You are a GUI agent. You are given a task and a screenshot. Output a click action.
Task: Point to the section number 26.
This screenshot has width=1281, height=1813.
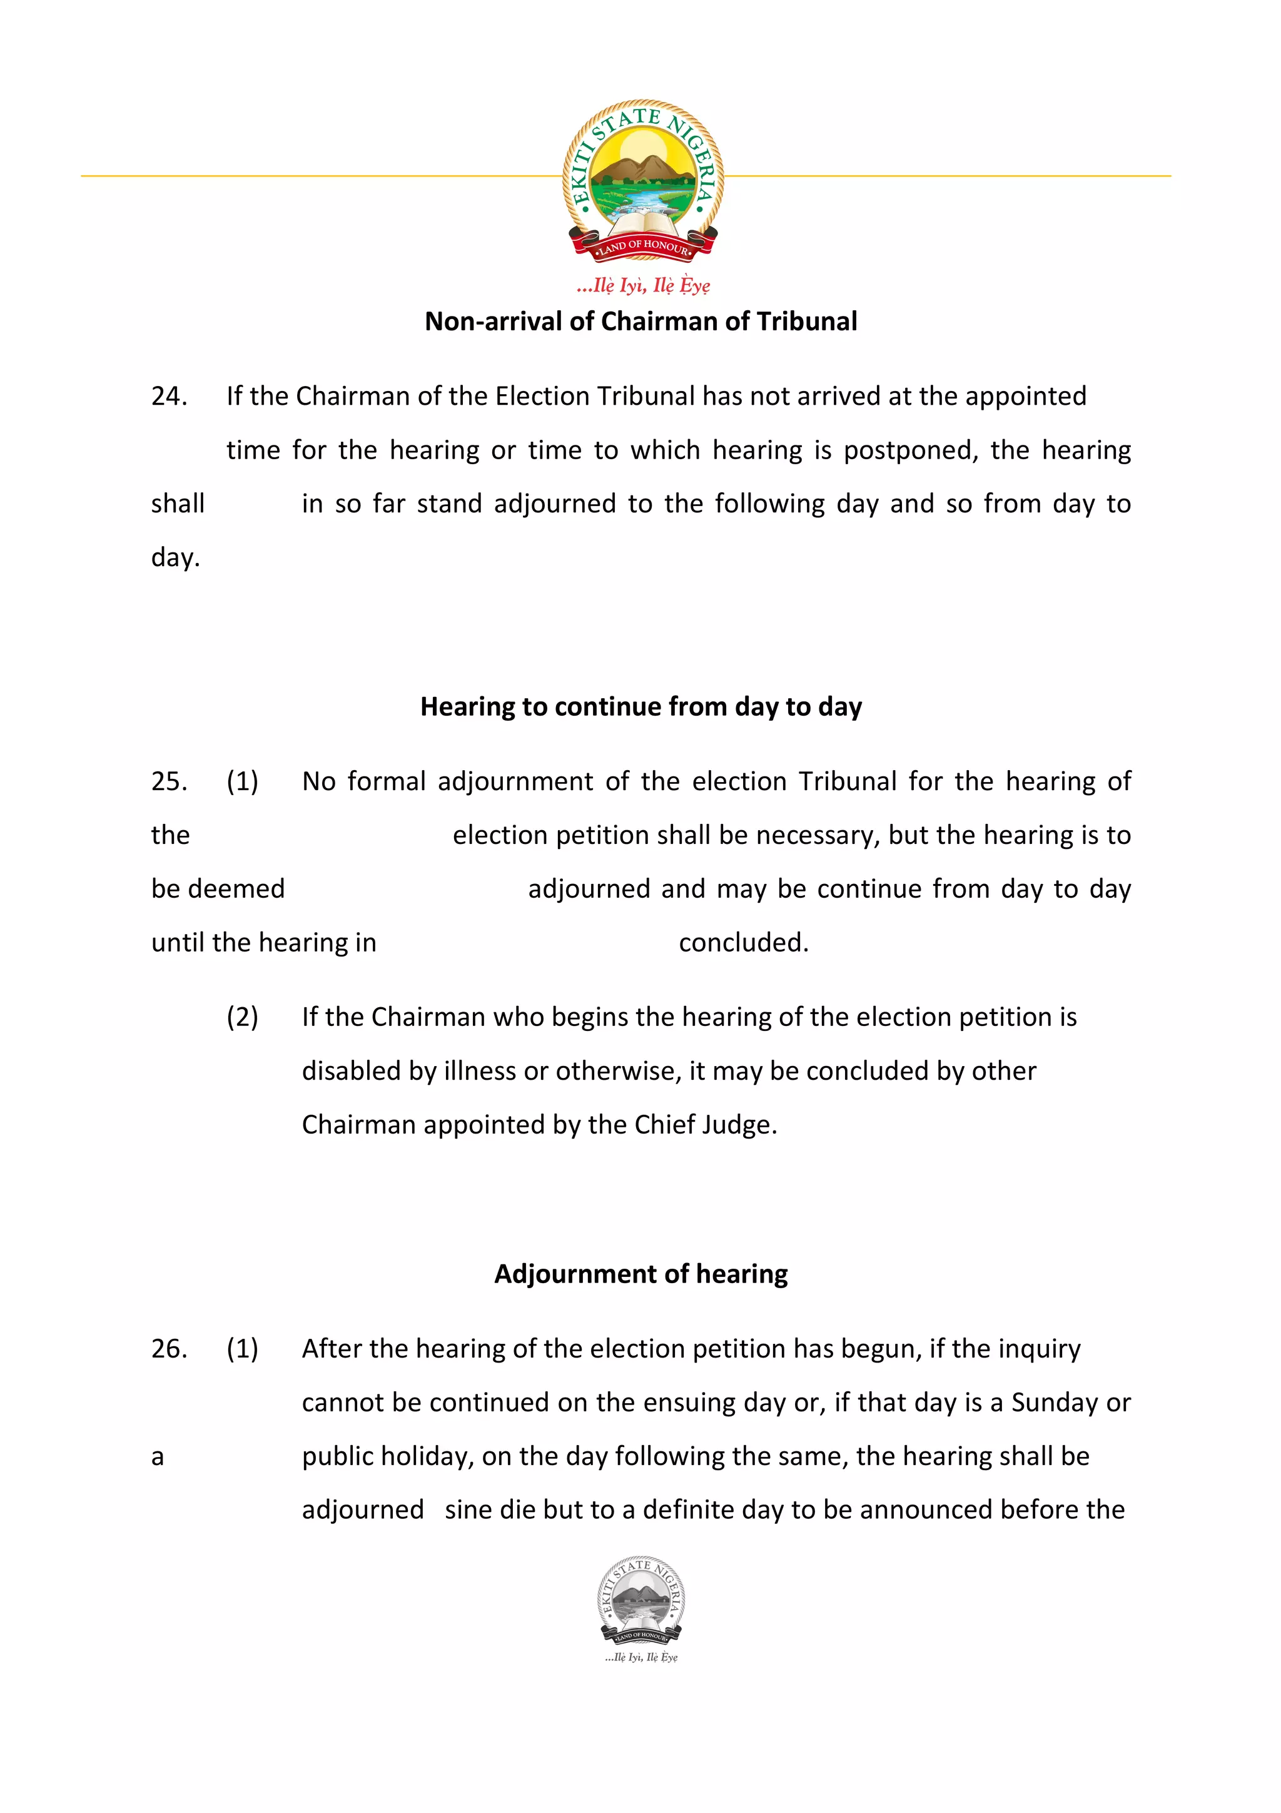click(169, 1348)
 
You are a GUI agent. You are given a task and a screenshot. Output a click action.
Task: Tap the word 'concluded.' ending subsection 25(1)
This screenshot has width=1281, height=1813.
click(744, 942)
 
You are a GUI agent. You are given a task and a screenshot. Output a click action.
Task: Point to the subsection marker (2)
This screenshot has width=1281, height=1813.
click(242, 1017)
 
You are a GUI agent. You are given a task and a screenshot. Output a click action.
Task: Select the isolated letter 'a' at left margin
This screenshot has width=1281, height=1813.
click(158, 1457)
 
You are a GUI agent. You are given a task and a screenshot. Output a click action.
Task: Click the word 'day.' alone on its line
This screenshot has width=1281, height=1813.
click(175, 557)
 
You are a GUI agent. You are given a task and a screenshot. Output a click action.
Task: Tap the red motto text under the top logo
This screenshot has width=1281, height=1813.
click(642, 285)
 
